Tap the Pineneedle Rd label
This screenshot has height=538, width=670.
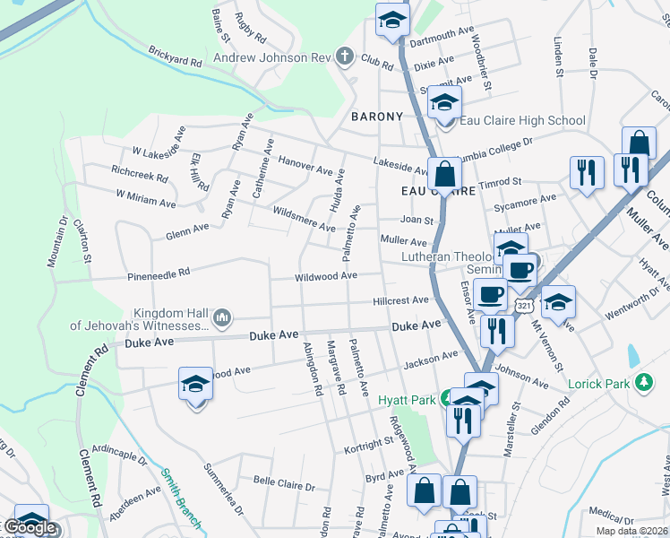[x=159, y=271]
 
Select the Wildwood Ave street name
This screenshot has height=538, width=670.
[x=326, y=276]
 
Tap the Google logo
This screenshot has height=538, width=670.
[x=29, y=527]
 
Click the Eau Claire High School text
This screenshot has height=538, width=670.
[x=522, y=120]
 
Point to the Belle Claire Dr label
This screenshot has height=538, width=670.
[x=285, y=485]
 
